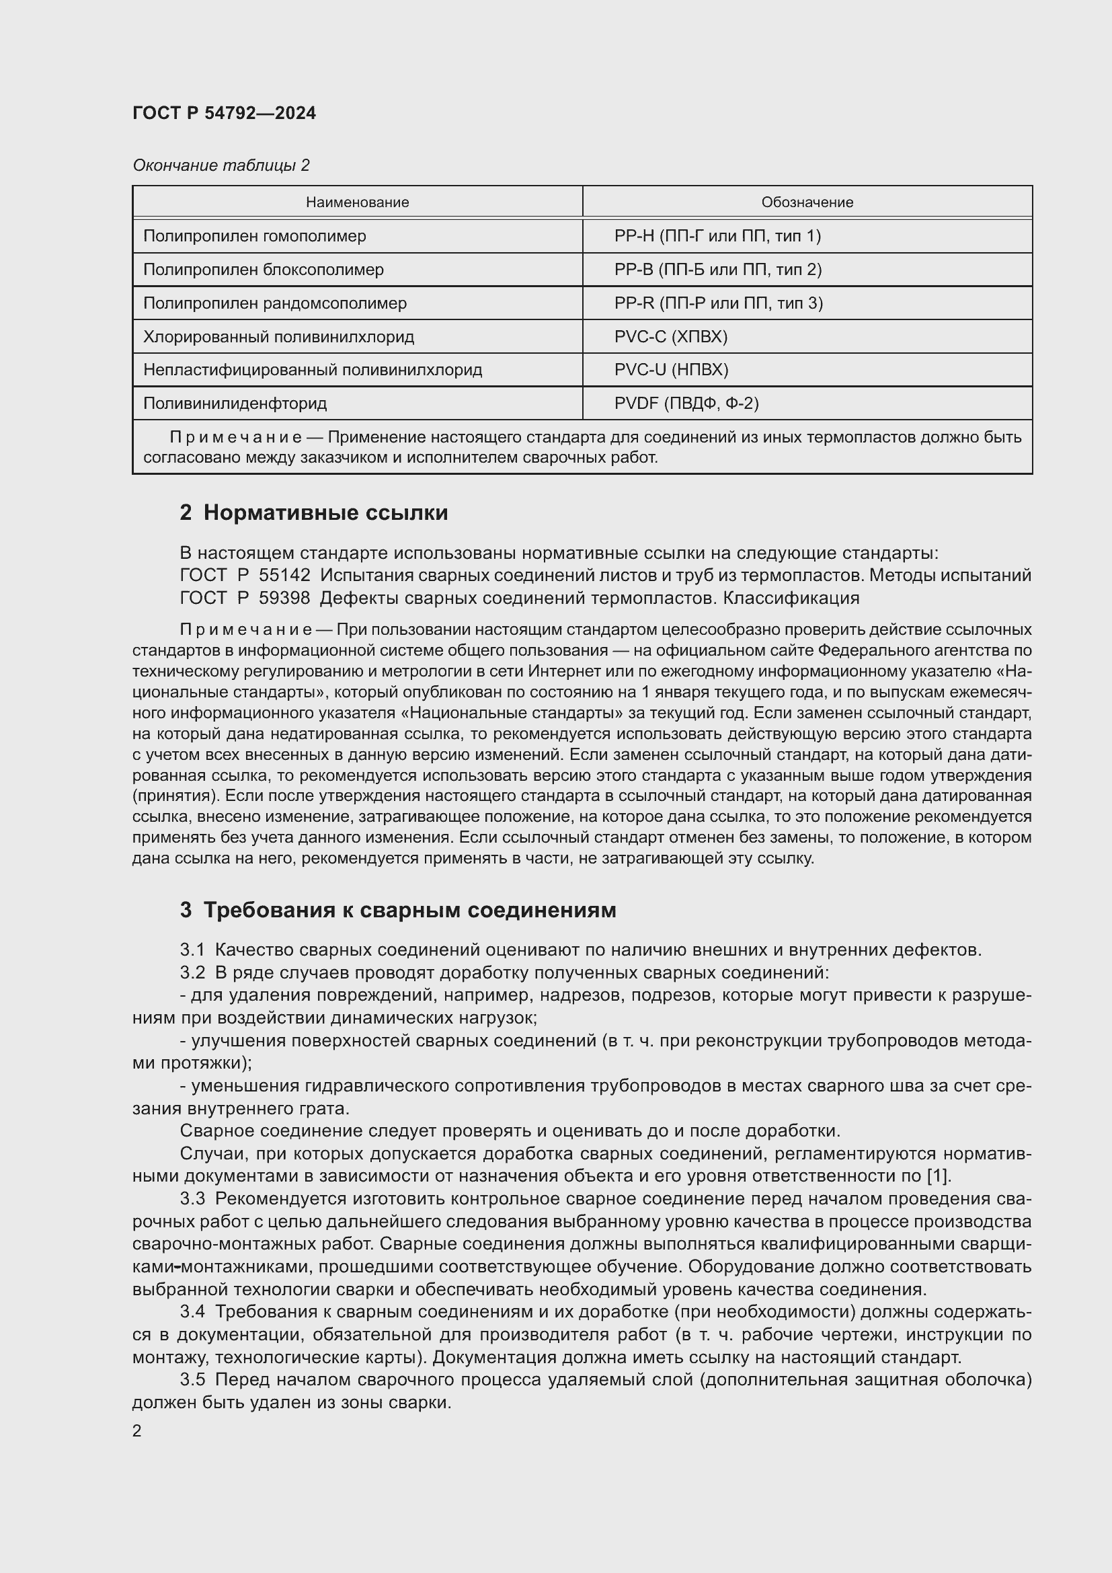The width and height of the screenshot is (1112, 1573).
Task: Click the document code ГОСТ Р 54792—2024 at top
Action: [224, 114]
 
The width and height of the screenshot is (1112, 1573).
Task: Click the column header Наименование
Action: [357, 202]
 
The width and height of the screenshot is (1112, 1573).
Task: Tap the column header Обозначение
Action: [807, 202]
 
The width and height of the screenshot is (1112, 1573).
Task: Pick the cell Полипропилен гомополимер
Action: [254, 235]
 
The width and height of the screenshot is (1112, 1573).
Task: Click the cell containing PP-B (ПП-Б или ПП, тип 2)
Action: [717, 269]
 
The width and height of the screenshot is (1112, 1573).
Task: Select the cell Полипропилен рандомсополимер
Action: [274, 303]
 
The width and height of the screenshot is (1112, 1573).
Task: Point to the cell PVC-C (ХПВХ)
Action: [670, 336]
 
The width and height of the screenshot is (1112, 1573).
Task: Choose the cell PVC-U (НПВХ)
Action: [670, 370]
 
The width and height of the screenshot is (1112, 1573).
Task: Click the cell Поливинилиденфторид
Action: [235, 403]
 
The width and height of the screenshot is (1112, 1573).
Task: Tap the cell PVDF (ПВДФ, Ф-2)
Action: [686, 403]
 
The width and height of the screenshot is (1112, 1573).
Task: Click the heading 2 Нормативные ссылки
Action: [313, 512]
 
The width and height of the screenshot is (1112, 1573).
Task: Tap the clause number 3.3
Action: [192, 1199]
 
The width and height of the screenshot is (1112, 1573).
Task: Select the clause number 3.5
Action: [192, 1380]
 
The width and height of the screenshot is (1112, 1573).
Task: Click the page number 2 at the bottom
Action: [137, 1430]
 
